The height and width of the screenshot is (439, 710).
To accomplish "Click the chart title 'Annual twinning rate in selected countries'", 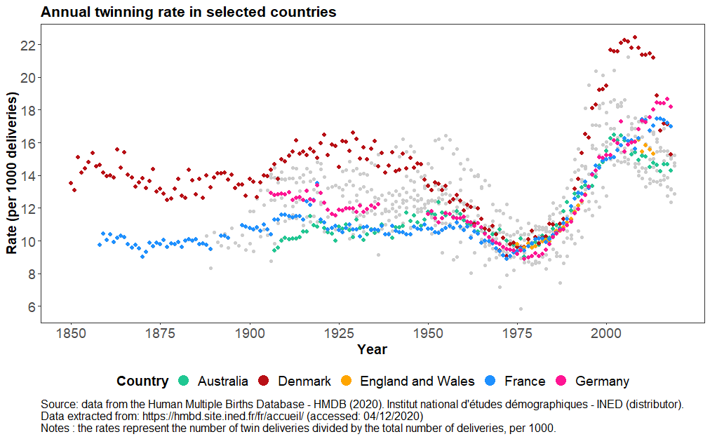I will coord(188,12).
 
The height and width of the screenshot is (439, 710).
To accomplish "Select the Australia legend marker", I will coord(184,381).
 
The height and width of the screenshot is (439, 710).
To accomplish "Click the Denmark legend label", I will coord(304,381).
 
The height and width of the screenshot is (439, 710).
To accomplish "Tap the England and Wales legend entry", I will coord(417,381).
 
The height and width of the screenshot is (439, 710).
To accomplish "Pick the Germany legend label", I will coord(602,381).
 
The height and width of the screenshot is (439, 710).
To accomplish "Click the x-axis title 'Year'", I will coord(372,349).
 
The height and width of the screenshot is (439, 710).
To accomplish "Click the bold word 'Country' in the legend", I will coord(142,381).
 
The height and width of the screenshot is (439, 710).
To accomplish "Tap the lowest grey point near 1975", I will coord(521,309).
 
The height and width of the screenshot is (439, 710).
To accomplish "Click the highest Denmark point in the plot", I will coord(635,37).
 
